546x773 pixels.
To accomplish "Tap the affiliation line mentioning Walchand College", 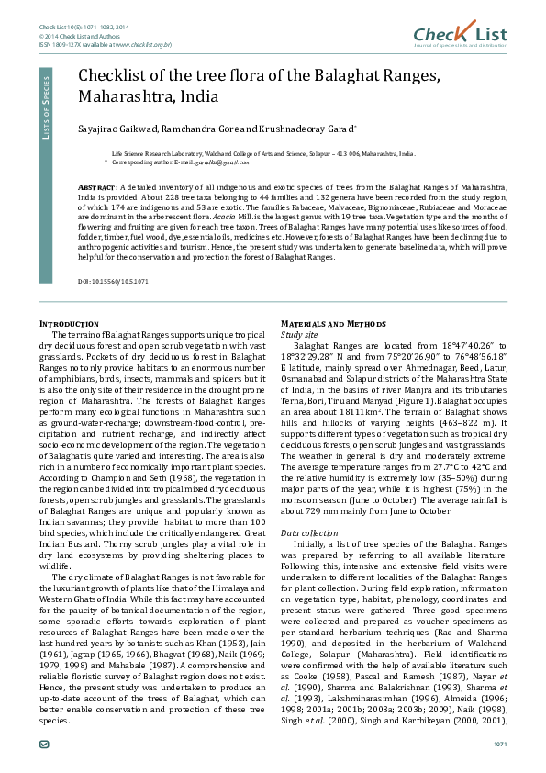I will click(262, 154).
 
